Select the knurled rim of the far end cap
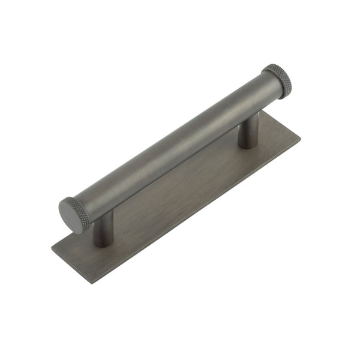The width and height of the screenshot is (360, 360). click(x=278, y=77)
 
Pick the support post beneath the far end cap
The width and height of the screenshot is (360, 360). click(x=248, y=133)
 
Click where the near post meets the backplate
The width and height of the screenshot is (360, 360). click(x=103, y=243)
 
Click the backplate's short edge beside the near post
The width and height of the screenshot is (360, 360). click(x=71, y=264)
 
